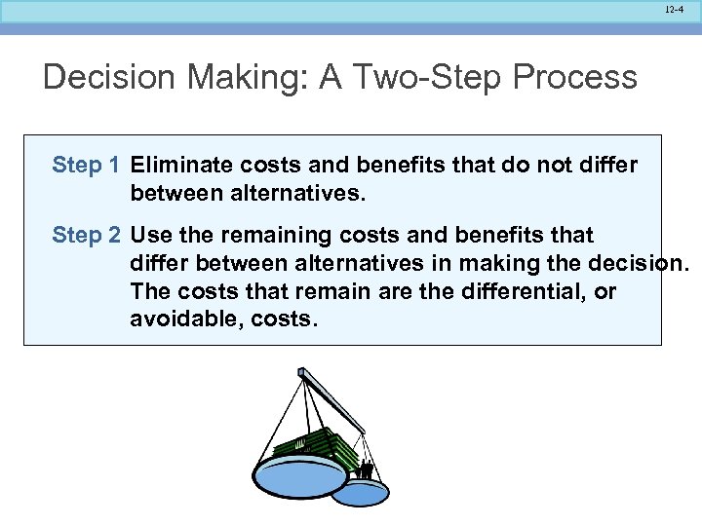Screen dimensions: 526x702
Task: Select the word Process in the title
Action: click(582, 77)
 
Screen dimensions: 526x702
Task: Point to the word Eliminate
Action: click(179, 166)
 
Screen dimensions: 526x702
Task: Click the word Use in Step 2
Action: click(150, 236)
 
